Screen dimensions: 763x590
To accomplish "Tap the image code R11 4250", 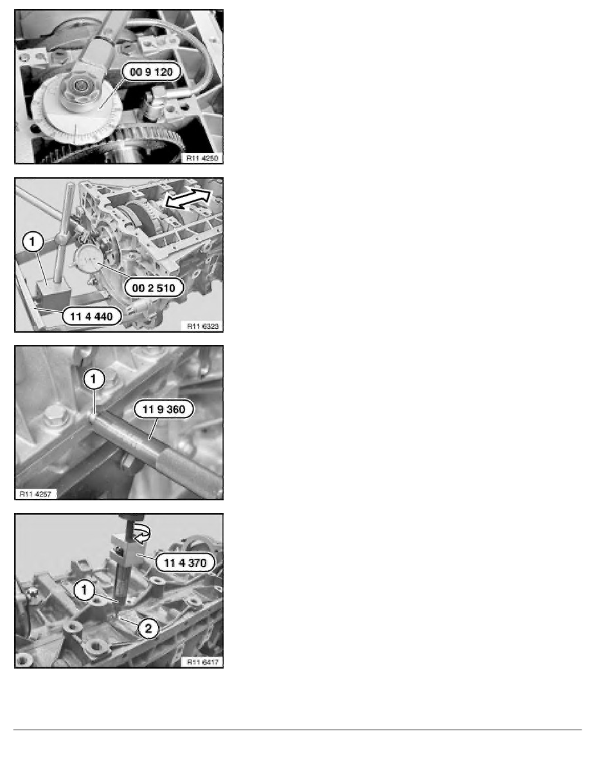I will [x=202, y=157].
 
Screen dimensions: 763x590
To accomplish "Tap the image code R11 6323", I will [x=202, y=326].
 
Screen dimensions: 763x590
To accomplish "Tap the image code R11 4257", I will [x=37, y=493].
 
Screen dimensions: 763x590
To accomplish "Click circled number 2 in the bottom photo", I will [x=148, y=630].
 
